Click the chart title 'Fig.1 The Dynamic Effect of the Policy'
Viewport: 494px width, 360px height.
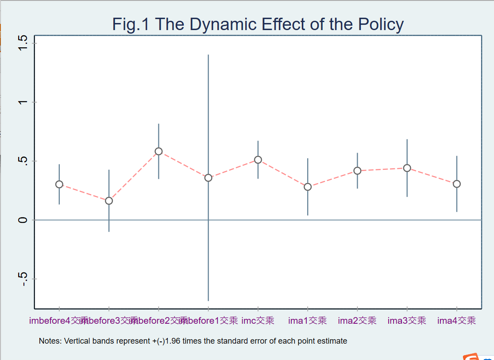(258, 24)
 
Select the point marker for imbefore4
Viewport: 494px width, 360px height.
(59, 184)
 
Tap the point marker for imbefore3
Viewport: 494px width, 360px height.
(109, 201)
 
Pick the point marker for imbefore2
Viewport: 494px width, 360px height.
(158, 151)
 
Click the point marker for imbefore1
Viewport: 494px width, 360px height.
(208, 178)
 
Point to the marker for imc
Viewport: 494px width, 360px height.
(258, 160)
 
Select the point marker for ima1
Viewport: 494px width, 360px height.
(308, 187)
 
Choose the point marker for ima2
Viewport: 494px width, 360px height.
(357, 171)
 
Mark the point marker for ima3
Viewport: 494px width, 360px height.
(407, 168)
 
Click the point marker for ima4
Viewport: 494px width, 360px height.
(456, 184)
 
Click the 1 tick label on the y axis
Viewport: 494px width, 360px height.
(23, 102)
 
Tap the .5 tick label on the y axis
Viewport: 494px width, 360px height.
(23, 161)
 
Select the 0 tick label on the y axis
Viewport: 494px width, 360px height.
(23, 220)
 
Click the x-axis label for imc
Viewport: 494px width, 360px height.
(258, 321)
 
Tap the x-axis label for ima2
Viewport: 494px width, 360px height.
(357, 321)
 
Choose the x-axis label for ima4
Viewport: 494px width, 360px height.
(456, 321)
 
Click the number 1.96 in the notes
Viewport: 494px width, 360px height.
(173, 341)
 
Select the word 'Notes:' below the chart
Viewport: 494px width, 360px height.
(50, 341)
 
